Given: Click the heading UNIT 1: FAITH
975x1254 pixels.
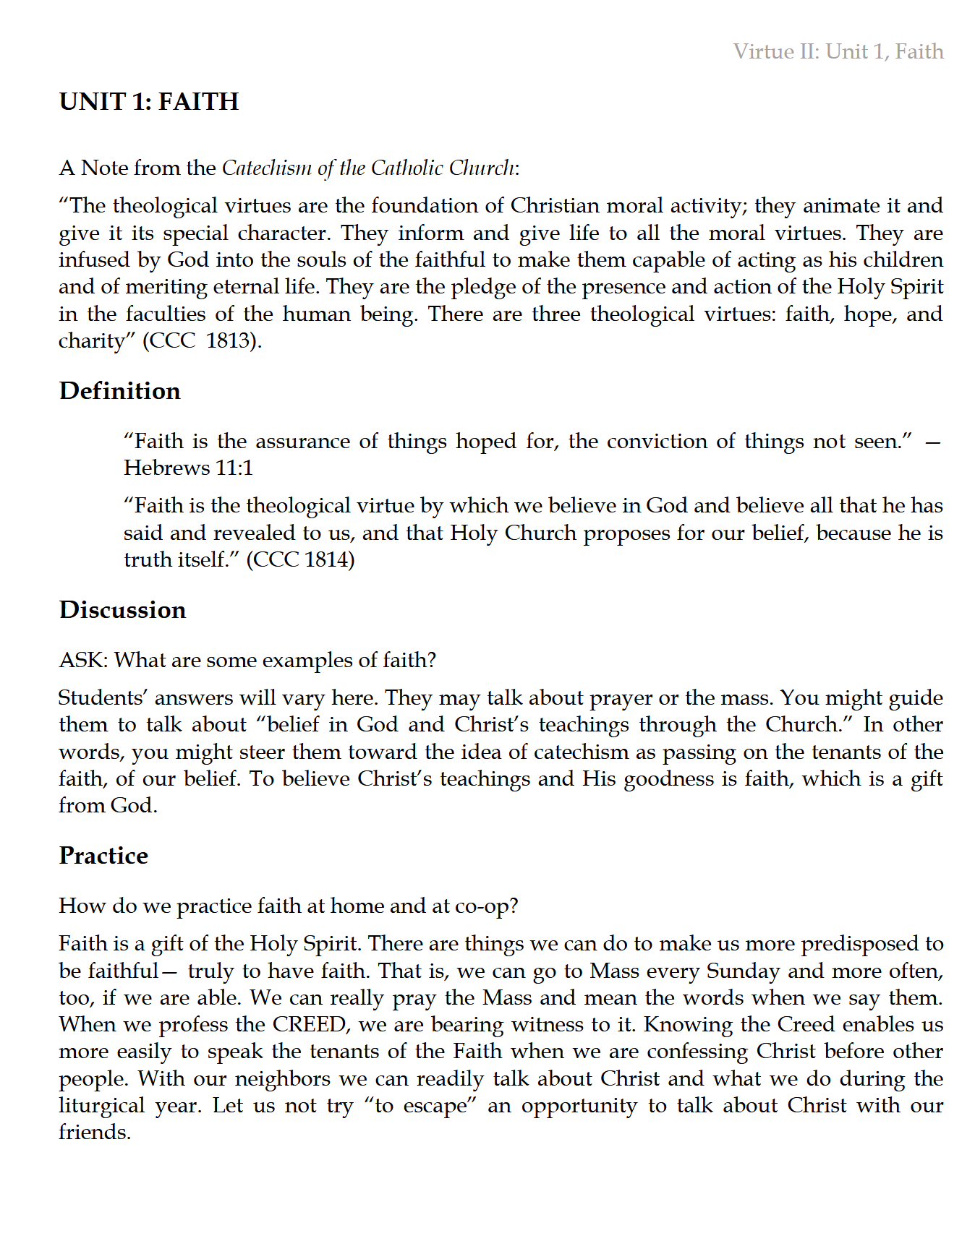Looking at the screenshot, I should pos(149,102).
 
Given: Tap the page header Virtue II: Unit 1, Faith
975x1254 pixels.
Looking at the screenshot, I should pos(838,51).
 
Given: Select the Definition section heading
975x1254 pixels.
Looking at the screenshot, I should pos(120,391).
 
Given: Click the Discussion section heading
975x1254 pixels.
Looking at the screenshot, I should pos(123,610).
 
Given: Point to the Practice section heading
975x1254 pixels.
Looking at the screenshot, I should pos(103,856).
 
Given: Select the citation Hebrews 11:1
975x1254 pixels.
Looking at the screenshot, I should pos(188,468).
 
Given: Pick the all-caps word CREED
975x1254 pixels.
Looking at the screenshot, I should pos(309,1024).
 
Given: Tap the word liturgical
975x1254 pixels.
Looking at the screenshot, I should pos(102,1106).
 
